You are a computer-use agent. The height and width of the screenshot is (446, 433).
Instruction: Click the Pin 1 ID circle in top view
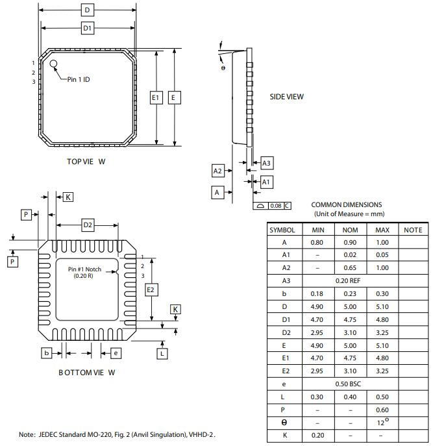tap(54, 64)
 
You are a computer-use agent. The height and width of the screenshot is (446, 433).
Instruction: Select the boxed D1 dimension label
tap(87, 28)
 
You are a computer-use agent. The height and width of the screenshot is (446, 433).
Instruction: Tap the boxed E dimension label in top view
tap(174, 97)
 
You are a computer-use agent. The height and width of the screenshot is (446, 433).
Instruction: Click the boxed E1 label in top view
tap(156, 97)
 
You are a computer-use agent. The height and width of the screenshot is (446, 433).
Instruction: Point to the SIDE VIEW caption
tap(286, 97)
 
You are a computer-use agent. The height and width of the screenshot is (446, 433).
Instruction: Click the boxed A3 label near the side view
tap(266, 164)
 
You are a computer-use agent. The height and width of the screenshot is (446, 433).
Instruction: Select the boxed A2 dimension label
tap(218, 171)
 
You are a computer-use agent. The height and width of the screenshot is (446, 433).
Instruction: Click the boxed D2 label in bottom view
tap(88, 225)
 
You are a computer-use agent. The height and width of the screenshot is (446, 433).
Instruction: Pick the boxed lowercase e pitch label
tap(116, 353)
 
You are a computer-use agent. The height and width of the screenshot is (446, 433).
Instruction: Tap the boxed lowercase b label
tap(47, 353)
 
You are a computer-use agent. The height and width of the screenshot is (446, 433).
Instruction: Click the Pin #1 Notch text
tap(84, 269)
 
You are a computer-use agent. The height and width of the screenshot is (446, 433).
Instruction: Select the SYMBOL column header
tap(282, 230)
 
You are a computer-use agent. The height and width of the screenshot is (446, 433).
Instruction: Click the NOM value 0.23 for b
tap(350, 293)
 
